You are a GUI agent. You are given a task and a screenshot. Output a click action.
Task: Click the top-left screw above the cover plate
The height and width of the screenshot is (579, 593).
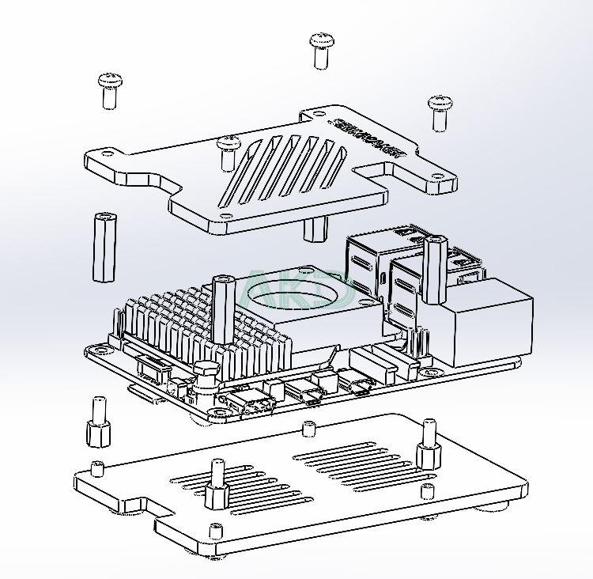(108, 89)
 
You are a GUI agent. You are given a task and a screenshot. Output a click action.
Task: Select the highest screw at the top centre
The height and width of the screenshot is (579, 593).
(320, 49)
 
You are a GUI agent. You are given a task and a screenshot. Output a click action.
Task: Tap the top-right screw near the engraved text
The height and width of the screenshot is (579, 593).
(440, 112)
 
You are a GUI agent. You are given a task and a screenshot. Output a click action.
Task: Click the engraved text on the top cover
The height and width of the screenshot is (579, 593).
(368, 137)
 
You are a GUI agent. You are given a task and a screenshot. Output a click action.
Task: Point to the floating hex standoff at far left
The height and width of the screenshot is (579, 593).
(103, 246)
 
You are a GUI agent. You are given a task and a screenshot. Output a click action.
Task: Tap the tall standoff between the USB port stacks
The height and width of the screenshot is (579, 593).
(433, 269)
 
